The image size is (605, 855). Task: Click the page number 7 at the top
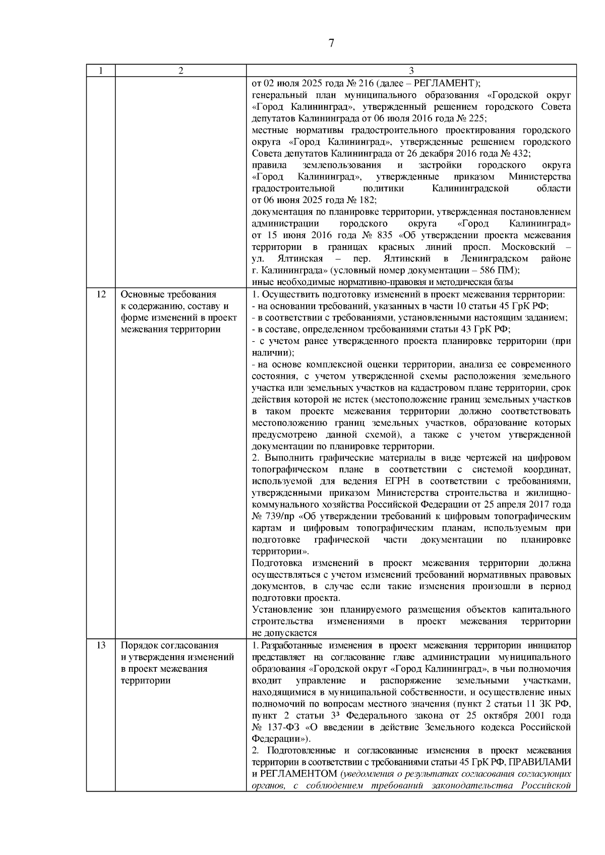click(x=331, y=43)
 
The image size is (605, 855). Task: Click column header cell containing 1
click(x=100, y=70)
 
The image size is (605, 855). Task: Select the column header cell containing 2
click(x=180, y=70)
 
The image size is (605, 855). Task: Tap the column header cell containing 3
click(x=411, y=70)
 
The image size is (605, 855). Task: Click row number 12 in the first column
click(x=100, y=295)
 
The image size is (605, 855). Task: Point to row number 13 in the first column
click(x=100, y=646)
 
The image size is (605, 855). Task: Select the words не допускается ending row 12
click(x=284, y=633)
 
